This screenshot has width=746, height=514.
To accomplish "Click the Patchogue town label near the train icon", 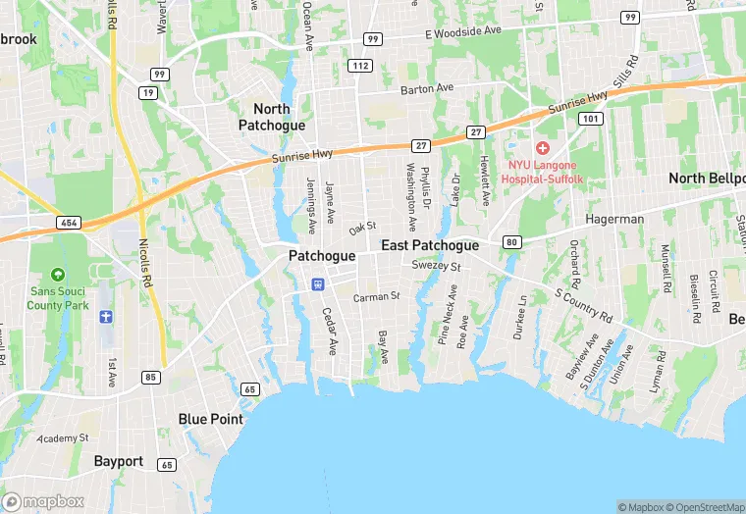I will pyautogui.click(x=321, y=255).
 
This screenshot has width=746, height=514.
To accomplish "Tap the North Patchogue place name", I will pyautogui.click(x=272, y=117).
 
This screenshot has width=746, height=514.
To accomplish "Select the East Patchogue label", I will pyautogui.click(x=430, y=245).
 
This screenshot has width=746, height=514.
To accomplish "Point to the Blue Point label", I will pyautogui.click(x=210, y=419).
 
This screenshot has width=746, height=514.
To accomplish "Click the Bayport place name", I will pyautogui.click(x=119, y=460).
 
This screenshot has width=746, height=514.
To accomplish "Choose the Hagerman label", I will pyautogui.click(x=614, y=221).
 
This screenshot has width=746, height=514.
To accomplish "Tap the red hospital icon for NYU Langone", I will pyautogui.click(x=542, y=146).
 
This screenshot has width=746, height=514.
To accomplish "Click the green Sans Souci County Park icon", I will pyautogui.click(x=58, y=274).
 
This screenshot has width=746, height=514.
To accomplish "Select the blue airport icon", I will pyautogui.click(x=107, y=317).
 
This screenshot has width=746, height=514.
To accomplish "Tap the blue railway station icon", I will pyautogui.click(x=317, y=284).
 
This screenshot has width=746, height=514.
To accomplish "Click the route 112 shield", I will pyautogui.click(x=359, y=66).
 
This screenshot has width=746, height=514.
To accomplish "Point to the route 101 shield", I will pyautogui.click(x=590, y=119).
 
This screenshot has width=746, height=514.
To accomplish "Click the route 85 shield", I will pyautogui.click(x=150, y=377).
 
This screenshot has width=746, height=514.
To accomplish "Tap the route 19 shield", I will pyautogui.click(x=149, y=92).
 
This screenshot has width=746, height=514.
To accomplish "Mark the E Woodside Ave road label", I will pyautogui.click(x=463, y=31).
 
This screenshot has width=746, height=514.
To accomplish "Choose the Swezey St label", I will pyautogui.click(x=437, y=265).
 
